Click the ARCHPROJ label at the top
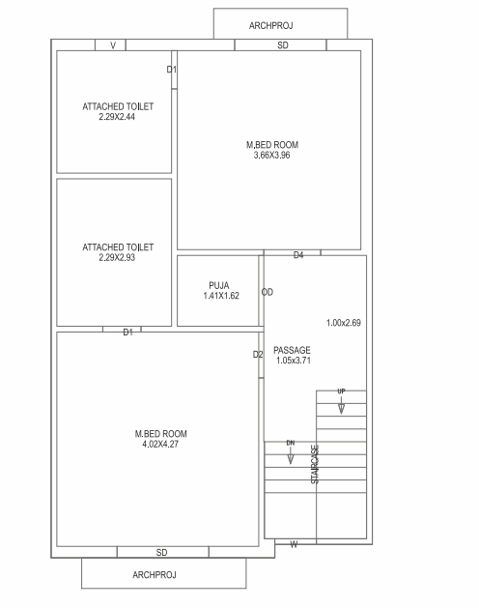tap(280, 24)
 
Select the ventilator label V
tap(113, 45)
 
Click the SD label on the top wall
tap(282, 45)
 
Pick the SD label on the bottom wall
tap(161, 552)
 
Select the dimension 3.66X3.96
tap(271, 154)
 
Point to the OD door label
tap(268, 292)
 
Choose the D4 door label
tap(298, 255)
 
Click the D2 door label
tap(258, 355)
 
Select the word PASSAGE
tap(292, 350)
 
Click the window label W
tap(294, 545)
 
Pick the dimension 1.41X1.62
tap(219, 295)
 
